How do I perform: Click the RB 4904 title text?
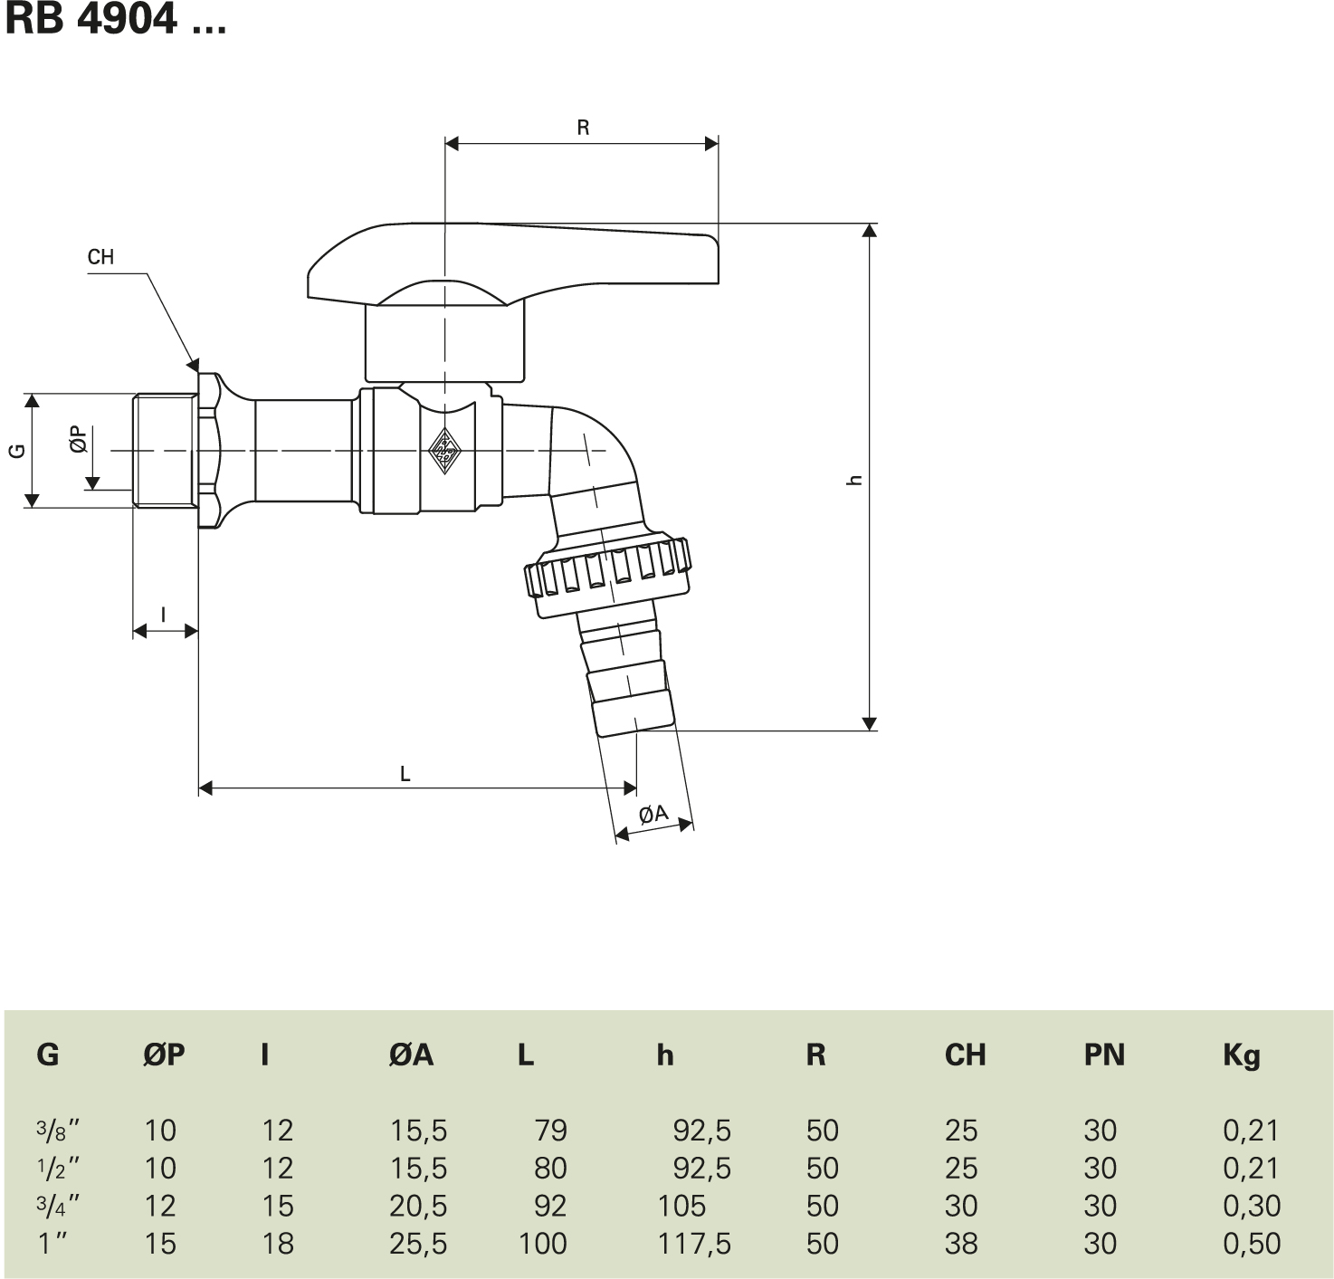click(115, 20)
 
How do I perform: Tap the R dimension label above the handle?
click(583, 128)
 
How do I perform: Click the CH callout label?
click(100, 257)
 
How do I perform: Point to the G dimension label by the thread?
click(17, 450)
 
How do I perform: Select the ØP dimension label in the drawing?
click(79, 440)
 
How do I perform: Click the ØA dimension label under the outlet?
click(653, 815)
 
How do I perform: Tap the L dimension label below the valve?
click(405, 774)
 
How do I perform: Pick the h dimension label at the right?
click(853, 481)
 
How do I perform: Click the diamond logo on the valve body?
click(444, 448)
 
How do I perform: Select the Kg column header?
click(1241, 1055)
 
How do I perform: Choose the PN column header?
click(1103, 1055)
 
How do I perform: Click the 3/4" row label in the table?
click(58, 1206)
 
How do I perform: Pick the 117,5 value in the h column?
click(694, 1244)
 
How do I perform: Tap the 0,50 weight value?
click(1252, 1244)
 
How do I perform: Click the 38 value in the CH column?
click(960, 1244)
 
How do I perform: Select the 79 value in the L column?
click(550, 1131)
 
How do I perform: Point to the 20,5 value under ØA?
click(418, 1206)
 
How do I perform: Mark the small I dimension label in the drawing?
click(163, 616)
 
